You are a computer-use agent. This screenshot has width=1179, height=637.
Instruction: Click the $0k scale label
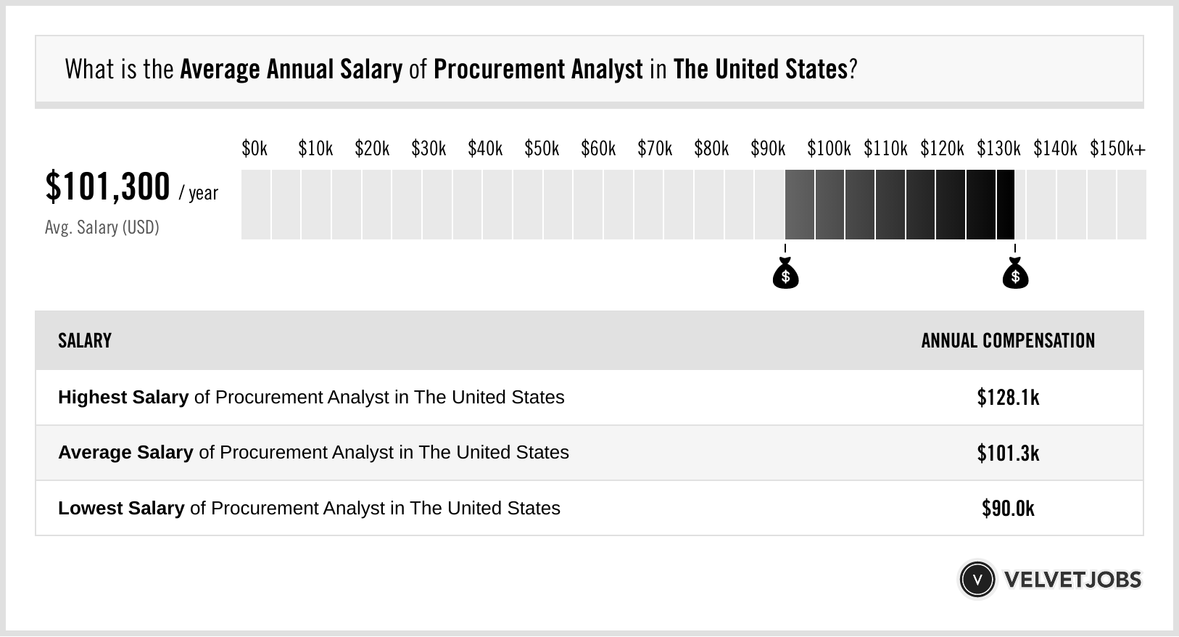(x=255, y=149)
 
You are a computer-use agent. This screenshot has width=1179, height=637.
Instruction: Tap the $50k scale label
(x=542, y=149)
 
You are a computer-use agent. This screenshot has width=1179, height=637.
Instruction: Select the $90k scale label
(x=768, y=149)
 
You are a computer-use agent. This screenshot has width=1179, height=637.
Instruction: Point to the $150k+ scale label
(x=1117, y=149)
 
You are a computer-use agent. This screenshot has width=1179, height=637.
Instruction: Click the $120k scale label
(x=942, y=149)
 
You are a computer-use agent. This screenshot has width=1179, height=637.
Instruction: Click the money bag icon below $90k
(x=785, y=274)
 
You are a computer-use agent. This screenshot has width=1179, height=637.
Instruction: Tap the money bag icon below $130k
(x=1015, y=274)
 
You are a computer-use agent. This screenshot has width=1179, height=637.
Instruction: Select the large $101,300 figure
(x=107, y=186)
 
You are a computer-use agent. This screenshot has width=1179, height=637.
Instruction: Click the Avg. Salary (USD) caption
(x=102, y=228)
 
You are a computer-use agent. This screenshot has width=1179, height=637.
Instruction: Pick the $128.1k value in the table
(x=1008, y=398)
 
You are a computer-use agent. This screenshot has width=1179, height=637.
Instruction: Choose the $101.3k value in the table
(x=1008, y=453)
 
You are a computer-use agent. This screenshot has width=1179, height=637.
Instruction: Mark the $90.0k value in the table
(x=1008, y=509)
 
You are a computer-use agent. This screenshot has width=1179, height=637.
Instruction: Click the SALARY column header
(x=85, y=341)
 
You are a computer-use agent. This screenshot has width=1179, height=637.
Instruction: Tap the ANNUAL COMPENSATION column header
(x=1008, y=341)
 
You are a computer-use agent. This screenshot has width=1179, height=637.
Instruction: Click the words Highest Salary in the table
(x=123, y=398)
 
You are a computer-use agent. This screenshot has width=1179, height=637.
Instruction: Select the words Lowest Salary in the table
(x=121, y=509)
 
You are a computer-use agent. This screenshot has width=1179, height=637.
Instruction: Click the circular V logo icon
(x=977, y=580)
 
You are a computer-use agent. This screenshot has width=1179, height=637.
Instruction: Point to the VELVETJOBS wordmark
(x=1072, y=580)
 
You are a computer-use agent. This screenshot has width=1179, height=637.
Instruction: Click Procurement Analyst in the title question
(x=538, y=70)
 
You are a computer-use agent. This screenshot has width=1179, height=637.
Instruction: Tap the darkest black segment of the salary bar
(x=1005, y=205)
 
